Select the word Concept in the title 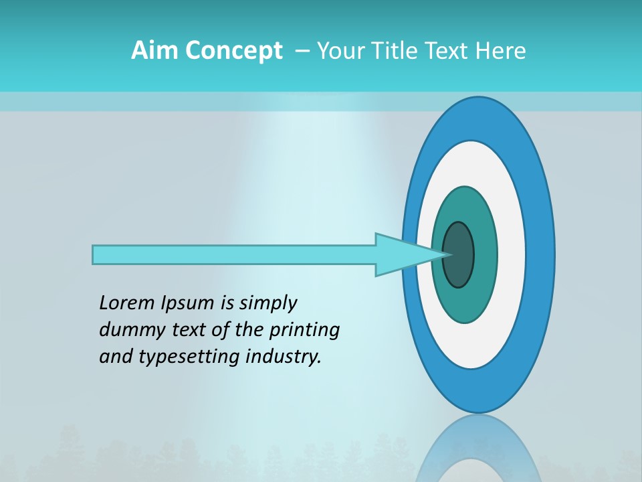pyautogui.click(x=233, y=50)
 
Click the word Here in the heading pyautogui.click(x=500, y=50)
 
